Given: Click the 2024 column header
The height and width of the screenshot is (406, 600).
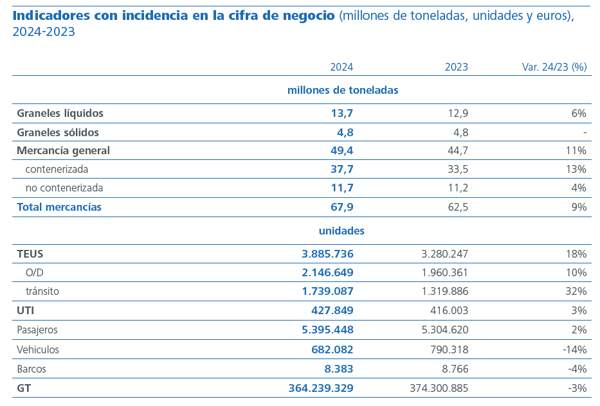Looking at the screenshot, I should (x=341, y=67).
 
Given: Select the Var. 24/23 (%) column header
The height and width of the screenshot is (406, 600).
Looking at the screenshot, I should (x=554, y=67).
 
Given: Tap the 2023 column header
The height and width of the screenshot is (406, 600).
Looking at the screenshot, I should (x=456, y=67).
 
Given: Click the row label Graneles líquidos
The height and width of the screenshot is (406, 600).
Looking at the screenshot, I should (x=60, y=113).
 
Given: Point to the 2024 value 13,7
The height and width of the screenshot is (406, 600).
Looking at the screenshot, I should (x=342, y=113).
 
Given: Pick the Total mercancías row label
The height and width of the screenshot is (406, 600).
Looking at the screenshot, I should (x=59, y=207).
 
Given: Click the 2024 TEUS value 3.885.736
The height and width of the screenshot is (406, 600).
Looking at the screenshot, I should (x=327, y=254).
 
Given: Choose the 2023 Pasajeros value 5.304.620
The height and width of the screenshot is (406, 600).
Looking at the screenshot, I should (x=440, y=330).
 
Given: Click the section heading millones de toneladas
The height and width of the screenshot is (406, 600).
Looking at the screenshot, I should (x=342, y=90).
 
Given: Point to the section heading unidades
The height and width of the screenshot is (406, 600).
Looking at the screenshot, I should (x=341, y=231).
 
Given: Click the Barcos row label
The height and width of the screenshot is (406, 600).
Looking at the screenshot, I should (x=32, y=369).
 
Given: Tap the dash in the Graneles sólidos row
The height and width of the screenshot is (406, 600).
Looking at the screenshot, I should (x=585, y=132).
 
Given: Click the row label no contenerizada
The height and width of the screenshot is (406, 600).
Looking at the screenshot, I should (x=64, y=188).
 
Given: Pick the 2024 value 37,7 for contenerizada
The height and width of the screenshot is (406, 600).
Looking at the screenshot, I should (x=342, y=170).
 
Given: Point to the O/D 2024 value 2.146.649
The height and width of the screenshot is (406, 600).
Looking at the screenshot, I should (x=327, y=272).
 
